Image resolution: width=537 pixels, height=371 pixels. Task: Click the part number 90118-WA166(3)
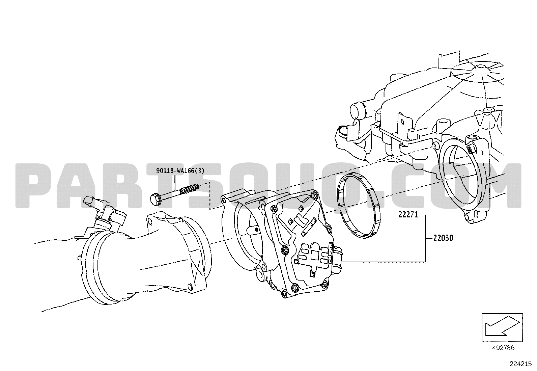(180, 171)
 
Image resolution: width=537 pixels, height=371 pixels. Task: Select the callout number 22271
(408, 215)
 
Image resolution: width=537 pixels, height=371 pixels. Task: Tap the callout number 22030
(443, 238)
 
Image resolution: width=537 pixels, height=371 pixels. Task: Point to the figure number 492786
(503, 348)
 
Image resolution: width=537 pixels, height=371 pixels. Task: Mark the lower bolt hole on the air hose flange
(191, 287)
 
